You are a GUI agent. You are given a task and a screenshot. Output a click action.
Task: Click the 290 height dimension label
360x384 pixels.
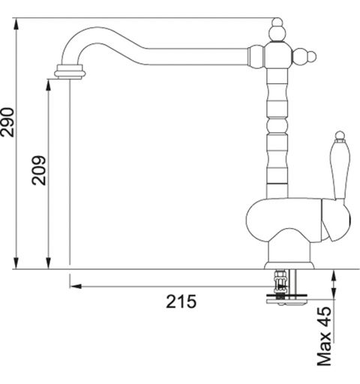tap(7, 122)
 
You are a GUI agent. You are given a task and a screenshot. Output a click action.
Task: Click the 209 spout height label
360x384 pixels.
tap(39, 170)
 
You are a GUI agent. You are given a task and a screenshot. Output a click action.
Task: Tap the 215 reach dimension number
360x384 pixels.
tap(181, 301)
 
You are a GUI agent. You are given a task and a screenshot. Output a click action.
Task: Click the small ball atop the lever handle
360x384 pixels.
tap(340, 135)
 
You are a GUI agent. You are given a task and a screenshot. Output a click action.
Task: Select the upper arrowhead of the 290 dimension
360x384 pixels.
tap(16, 25)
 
